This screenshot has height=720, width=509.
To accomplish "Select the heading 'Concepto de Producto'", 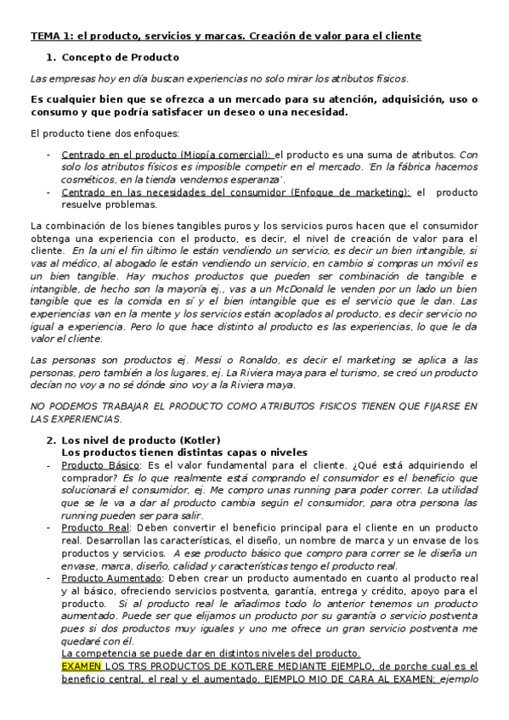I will coord(121,57).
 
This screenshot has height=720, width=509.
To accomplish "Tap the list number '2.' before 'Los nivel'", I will coord(50,440).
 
